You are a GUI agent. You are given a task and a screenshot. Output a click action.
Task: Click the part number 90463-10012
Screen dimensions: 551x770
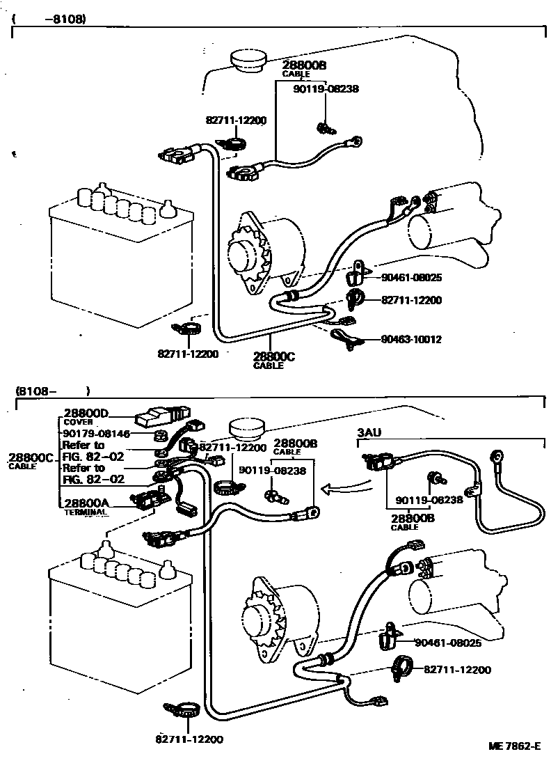[411, 339]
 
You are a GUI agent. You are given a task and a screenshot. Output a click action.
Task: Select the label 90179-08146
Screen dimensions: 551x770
[96, 434]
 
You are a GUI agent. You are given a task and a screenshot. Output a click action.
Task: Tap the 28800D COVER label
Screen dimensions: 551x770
[86, 417]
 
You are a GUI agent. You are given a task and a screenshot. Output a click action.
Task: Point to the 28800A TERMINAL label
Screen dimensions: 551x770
[86, 506]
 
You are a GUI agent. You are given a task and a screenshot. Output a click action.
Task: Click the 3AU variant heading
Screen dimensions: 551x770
[369, 432]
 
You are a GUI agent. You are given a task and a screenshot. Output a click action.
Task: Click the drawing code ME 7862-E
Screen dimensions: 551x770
[514, 746]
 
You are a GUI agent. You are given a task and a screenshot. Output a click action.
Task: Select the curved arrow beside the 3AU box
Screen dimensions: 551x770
[345, 487]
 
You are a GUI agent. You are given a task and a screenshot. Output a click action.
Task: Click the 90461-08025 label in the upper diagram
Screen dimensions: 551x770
[411, 278]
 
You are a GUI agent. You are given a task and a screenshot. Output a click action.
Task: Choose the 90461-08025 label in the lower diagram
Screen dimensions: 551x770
[448, 643]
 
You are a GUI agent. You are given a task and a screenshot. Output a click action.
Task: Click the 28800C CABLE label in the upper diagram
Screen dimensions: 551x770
[274, 361]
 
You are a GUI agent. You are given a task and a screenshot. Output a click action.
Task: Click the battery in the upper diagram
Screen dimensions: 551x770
[120, 256]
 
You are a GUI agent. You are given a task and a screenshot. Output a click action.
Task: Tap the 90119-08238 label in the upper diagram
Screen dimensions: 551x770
[326, 89]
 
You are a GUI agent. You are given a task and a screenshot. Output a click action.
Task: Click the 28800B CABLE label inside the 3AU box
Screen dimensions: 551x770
[412, 521]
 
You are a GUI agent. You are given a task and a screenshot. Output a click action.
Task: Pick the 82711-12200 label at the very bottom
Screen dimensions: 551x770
[189, 739]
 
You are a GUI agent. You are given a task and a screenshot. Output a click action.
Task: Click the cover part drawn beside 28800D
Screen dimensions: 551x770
[162, 416]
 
